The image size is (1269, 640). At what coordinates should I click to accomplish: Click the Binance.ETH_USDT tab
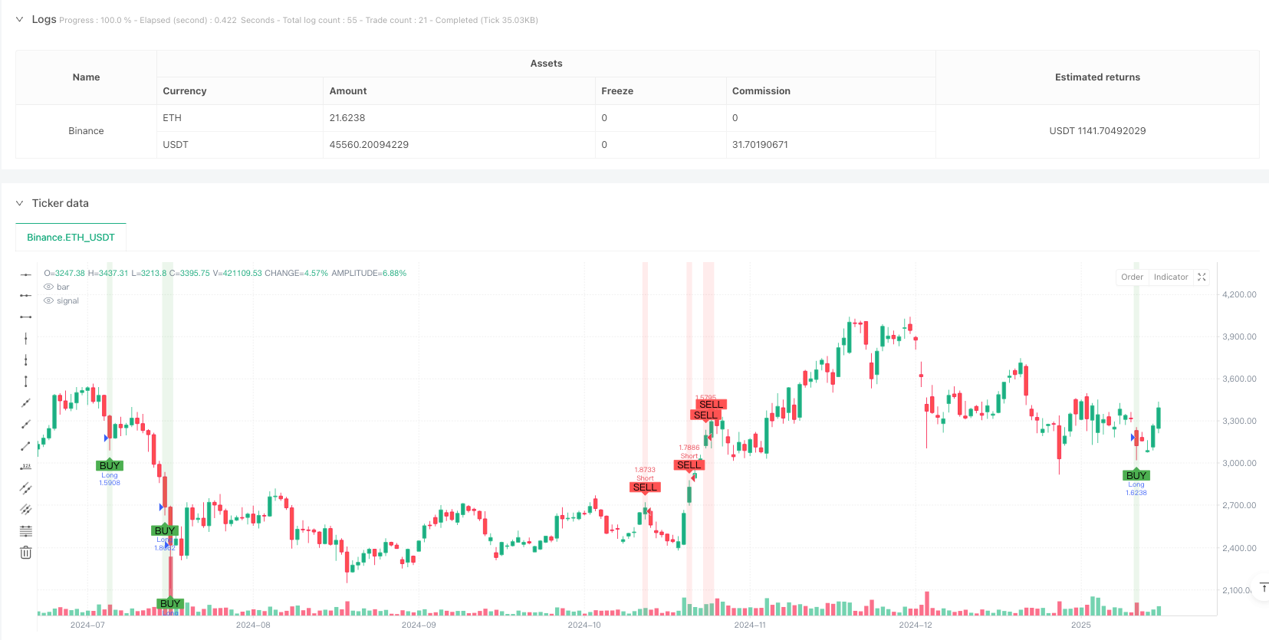point(71,238)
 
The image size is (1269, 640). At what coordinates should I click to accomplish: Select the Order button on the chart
point(1132,277)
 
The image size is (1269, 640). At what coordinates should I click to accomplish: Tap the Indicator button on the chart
point(1170,277)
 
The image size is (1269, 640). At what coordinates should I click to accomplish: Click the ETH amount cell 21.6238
point(347,118)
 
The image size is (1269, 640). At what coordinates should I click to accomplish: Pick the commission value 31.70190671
point(760,145)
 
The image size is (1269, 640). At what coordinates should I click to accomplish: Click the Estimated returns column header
point(1096,77)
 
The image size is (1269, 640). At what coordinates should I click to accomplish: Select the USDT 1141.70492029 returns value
point(1096,131)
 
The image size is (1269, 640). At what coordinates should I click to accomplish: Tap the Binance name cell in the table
point(86,131)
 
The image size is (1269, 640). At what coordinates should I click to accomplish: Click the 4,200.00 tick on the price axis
point(1238,294)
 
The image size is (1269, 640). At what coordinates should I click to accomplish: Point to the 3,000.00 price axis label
point(1238,463)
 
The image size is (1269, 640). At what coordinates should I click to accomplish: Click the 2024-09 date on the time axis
point(419,625)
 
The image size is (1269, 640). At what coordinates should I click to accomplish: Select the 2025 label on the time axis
point(1080,625)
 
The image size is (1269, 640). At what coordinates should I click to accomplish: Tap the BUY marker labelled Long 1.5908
point(110,465)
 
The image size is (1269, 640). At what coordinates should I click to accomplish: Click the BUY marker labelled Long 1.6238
point(1136,475)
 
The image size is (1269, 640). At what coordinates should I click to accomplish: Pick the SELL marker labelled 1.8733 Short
point(645,487)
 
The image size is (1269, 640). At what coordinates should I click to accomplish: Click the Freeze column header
point(617,91)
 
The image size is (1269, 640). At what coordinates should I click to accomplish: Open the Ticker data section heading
point(60,203)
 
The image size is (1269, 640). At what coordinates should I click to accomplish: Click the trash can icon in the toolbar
point(25,553)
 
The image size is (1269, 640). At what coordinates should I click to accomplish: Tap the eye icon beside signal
point(49,301)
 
